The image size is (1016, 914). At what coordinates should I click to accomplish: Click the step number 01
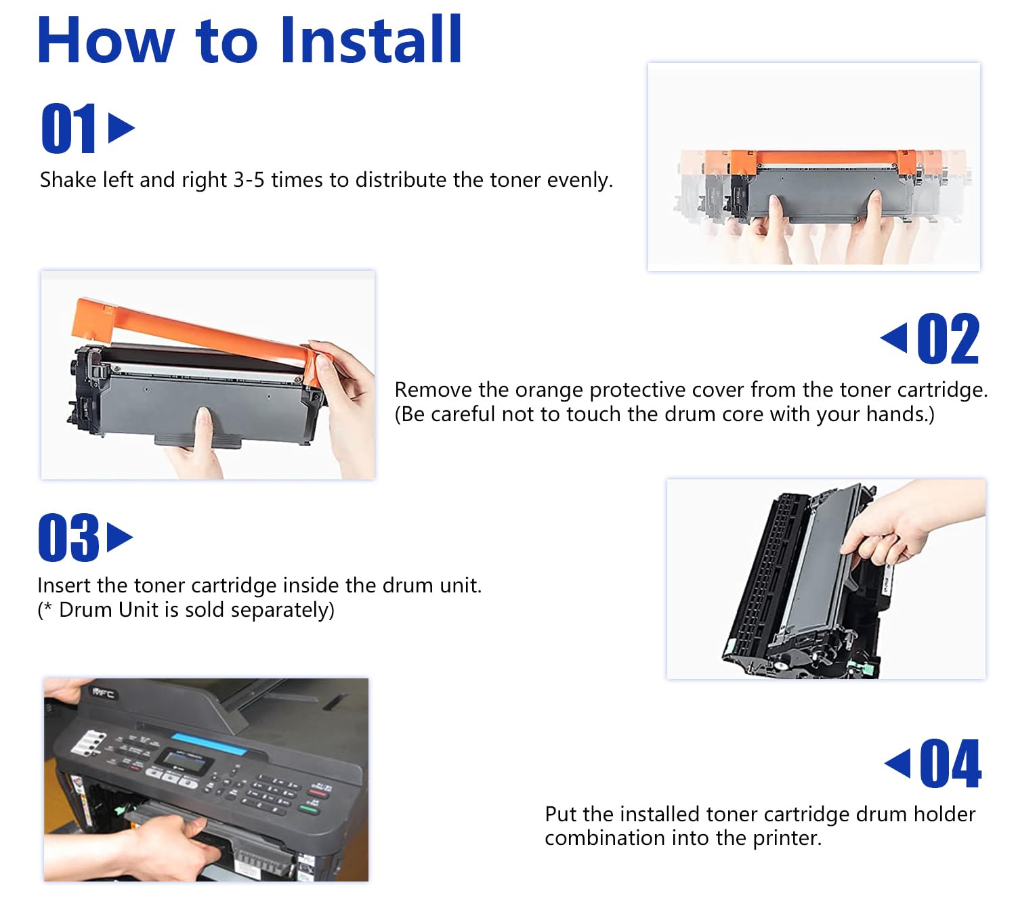[x=68, y=127]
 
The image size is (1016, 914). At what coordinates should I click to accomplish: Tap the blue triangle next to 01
[x=121, y=127]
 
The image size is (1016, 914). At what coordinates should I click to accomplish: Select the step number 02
[x=948, y=339]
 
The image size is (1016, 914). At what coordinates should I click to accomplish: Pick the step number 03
[x=68, y=537]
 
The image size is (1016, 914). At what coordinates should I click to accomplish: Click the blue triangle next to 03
[x=120, y=537]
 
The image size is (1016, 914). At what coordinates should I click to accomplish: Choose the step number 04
[x=951, y=763]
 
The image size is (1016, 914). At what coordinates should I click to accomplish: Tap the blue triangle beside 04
[x=897, y=763]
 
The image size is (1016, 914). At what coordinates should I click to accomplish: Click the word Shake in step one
[x=68, y=180]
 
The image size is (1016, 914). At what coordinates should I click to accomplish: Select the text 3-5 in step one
[x=249, y=180]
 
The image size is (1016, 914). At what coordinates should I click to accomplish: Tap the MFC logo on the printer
[x=104, y=693]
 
